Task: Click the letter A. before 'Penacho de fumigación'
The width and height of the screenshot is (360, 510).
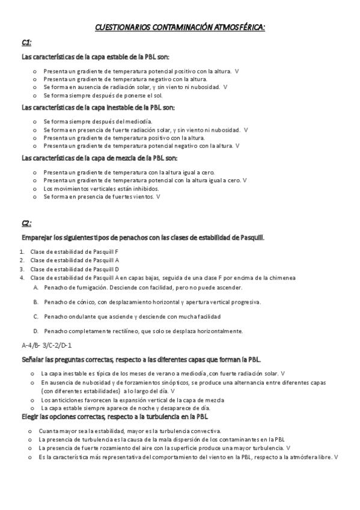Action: tap(36, 287)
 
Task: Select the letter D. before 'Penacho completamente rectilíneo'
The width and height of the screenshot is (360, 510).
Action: tap(36, 331)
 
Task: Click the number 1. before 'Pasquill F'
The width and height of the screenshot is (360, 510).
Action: tap(21, 251)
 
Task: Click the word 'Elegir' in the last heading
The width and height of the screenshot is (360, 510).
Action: tap(29, 416)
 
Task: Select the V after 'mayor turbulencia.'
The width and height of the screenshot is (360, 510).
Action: tap(289, 448)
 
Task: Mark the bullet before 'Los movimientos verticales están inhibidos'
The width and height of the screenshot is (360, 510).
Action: tap(34, 188)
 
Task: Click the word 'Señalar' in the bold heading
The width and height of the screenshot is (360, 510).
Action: tap(32, 359)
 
